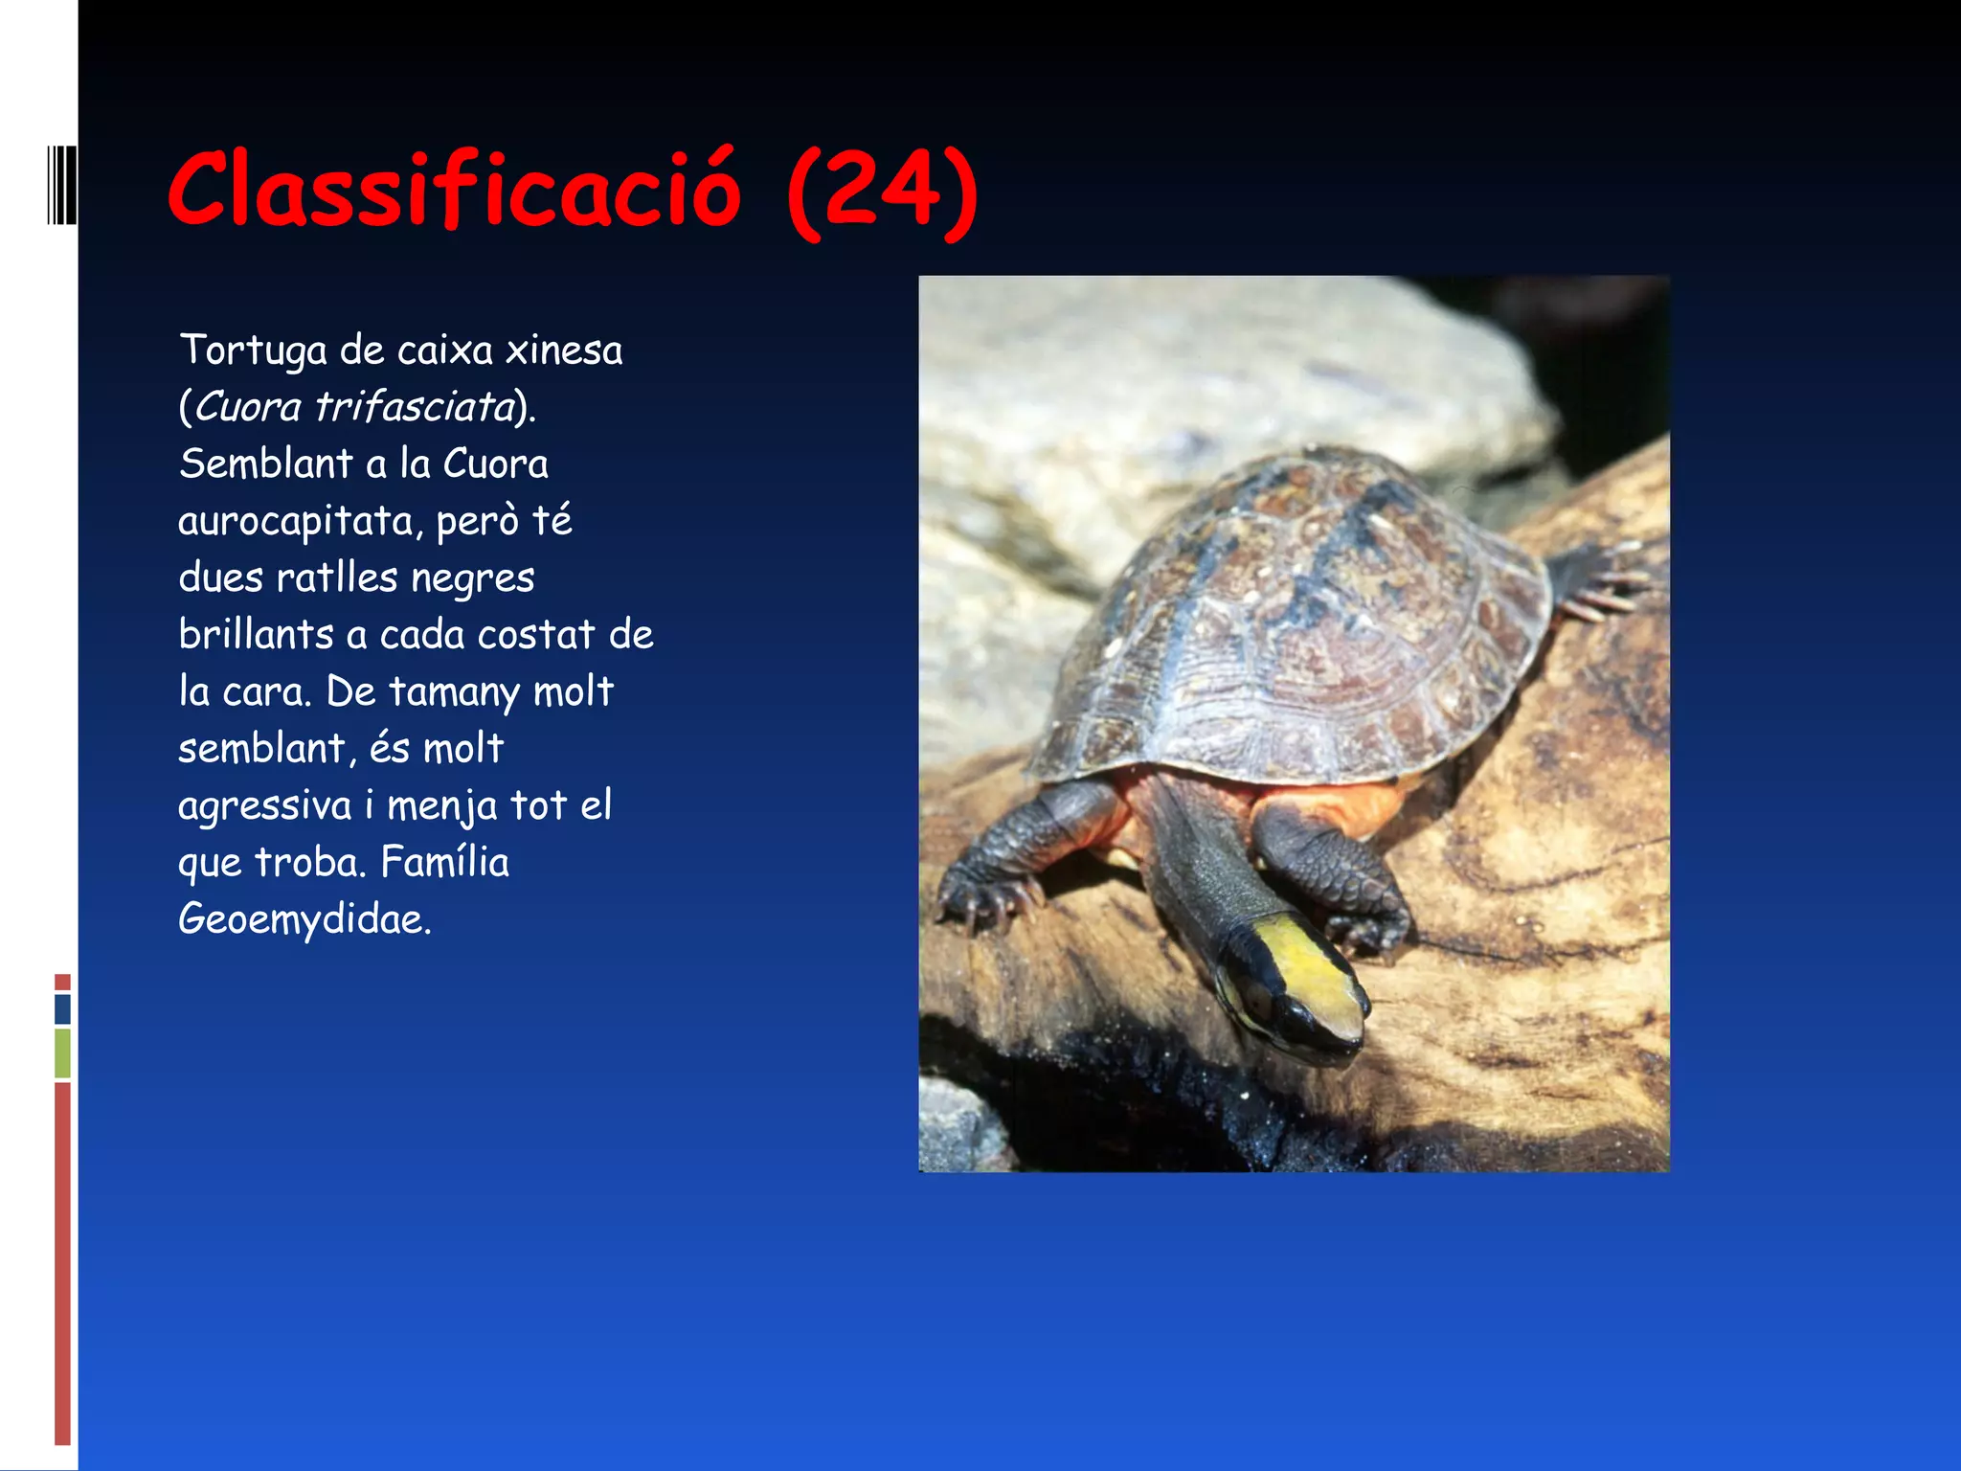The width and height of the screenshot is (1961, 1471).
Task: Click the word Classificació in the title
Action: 454,190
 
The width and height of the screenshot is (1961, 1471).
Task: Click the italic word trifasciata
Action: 416,407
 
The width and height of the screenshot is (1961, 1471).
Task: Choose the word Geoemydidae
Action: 304,919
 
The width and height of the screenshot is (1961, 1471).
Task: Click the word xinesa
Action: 564,351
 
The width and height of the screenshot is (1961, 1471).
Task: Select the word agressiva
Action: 264,805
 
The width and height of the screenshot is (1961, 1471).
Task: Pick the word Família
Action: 444,862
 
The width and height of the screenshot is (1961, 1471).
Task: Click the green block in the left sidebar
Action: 62,1052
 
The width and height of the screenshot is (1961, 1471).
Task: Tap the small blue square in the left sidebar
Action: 62,1008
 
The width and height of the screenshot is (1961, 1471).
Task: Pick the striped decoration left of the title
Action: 62,185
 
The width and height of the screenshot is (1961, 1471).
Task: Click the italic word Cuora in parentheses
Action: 248,407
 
